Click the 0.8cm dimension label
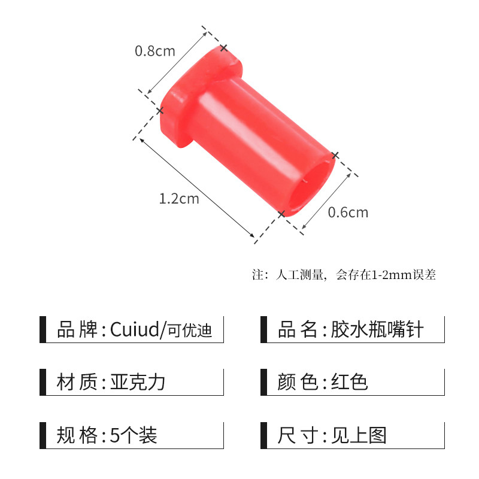155,51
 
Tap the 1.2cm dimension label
179,199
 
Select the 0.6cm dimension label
348,213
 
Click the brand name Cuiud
135,329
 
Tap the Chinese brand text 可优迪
190,331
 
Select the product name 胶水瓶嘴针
377,329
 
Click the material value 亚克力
138,382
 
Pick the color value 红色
350,382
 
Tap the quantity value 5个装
134,435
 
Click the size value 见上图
359,435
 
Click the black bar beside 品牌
43,329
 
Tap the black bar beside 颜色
263,382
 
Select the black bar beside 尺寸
263,435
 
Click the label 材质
77,382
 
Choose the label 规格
77,435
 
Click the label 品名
298,329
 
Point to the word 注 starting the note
257,275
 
